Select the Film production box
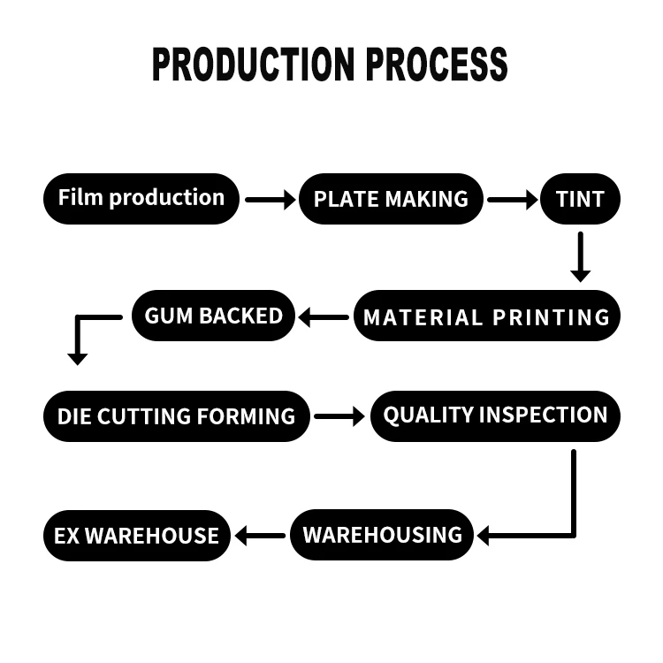(141, 198)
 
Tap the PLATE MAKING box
(391, 199)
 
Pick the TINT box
(580, 199)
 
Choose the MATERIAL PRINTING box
(487, 316)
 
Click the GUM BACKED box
(213, 316)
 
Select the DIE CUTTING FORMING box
(177, 415)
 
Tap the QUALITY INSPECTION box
(495, 415)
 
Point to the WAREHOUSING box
(382, 535)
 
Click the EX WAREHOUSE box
(137, 536)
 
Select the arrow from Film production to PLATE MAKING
(271, 200)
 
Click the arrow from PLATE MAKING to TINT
(513, 200)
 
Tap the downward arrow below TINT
(580, 256)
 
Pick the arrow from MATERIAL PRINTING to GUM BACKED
(324, 316)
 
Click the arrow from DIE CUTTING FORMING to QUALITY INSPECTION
(339, 415)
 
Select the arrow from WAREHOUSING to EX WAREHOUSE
(260, 535)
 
